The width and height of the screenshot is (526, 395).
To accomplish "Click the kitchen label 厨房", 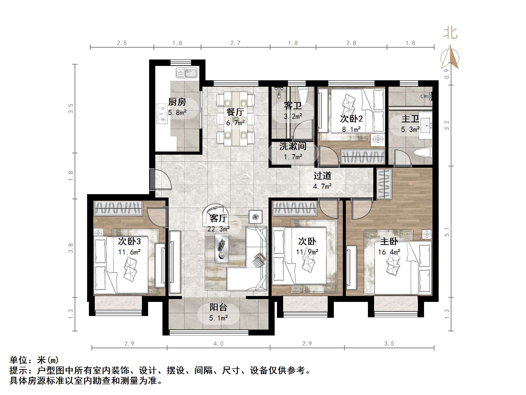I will (x=177, y=102).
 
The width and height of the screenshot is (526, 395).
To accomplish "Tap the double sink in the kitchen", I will (x=186, y=73).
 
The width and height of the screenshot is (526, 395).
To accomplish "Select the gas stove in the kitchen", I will (x=162, y=114).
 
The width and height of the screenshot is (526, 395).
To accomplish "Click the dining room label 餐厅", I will (x=235, y=112).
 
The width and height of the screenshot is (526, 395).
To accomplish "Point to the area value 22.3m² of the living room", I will (x=218, y=229).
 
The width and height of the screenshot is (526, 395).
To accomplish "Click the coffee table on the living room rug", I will (x=222, y=248).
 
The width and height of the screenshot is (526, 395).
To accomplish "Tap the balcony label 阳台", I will (x=218, y=307).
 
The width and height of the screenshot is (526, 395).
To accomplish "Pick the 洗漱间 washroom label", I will (x=293, y=146).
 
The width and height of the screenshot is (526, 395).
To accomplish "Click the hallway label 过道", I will (x=322, y=176).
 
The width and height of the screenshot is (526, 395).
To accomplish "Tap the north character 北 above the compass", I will (x=450, y=33).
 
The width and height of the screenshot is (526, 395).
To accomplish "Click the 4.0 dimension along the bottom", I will (x=218, y=343).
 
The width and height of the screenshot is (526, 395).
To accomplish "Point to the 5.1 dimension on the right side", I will (x=447, y=232).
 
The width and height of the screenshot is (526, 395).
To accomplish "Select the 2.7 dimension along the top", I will (x=235, y=43).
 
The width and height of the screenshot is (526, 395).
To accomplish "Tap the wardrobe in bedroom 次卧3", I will (x=118, y=208).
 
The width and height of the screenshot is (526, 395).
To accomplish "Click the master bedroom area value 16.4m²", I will (x=389, y=252).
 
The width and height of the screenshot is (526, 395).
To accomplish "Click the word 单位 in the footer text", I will (x=18, y=360).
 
